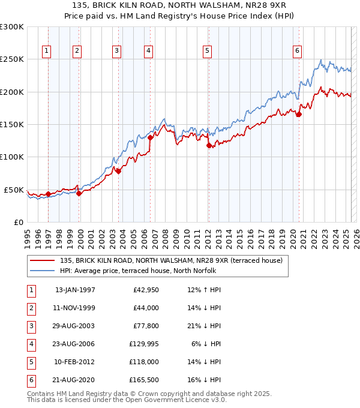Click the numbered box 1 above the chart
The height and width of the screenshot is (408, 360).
tap(46, 51)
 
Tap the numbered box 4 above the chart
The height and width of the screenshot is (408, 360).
tap(147, 51)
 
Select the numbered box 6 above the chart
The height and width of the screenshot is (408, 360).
tap(297, 51)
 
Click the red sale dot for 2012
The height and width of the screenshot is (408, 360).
tap(209, 145)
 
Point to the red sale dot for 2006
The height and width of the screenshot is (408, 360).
tap(151, 137)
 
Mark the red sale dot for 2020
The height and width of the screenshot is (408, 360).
tap(299, 115)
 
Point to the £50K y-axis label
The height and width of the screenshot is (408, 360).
tap(14, 190)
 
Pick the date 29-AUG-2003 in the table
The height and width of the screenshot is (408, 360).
tap(75, 326)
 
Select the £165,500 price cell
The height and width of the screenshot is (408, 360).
tap(142, 380)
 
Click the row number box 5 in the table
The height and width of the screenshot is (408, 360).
tap(31, 362)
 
